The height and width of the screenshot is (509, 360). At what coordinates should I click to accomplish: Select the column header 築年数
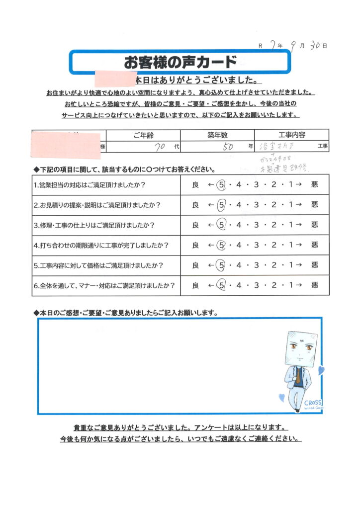pos(217,135)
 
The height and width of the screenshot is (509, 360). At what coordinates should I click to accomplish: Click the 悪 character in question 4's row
pos(314,245)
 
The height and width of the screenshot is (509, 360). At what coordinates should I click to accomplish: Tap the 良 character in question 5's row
pos(195,265)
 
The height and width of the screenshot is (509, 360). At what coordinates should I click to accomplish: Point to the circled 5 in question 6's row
pos(222,286)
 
